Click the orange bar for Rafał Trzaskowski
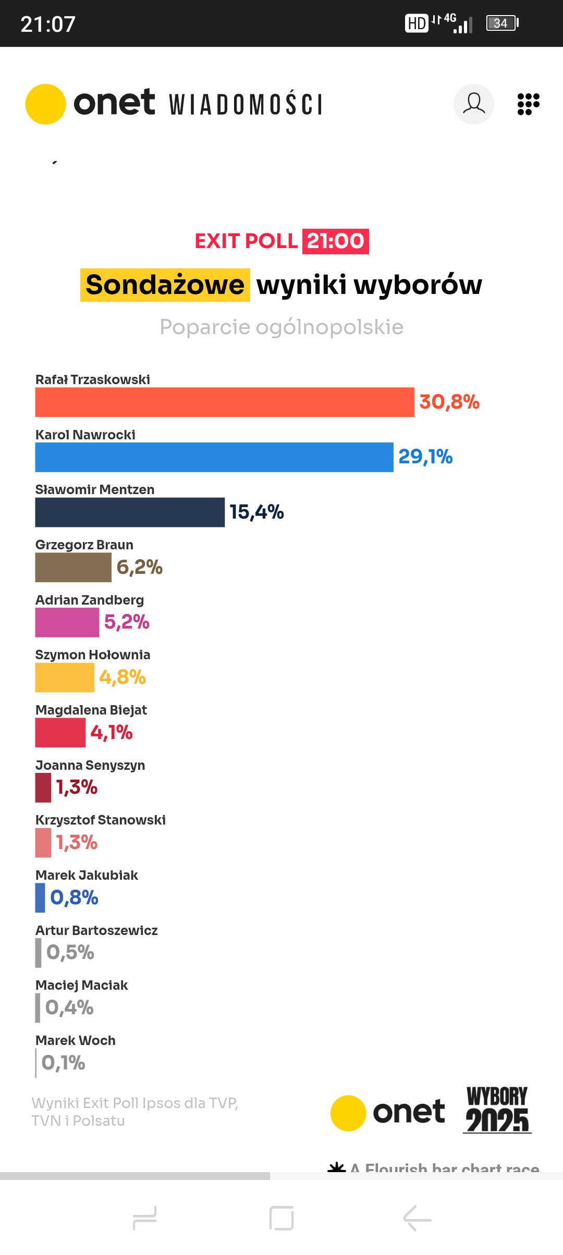point(224,402)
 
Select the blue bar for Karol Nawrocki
point(214,457)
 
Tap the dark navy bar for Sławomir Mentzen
point(130,512)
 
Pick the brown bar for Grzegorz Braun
point(73,567)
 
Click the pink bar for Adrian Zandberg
point(67,622)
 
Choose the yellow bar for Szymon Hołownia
point(65,678)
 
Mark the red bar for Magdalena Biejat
point(60,732)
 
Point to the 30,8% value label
point(449,402)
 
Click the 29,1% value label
point(425,457)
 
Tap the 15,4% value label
point(256,512)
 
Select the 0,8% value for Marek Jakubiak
point(74,897)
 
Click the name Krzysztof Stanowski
point(101,820)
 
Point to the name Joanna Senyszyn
point(90,765)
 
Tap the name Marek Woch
point(76,1040)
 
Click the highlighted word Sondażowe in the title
point(165,285)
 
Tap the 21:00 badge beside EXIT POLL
point(335,241)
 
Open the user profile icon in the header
point(474,104)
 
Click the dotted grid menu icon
point(528,104)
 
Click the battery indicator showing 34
point(502,23)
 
